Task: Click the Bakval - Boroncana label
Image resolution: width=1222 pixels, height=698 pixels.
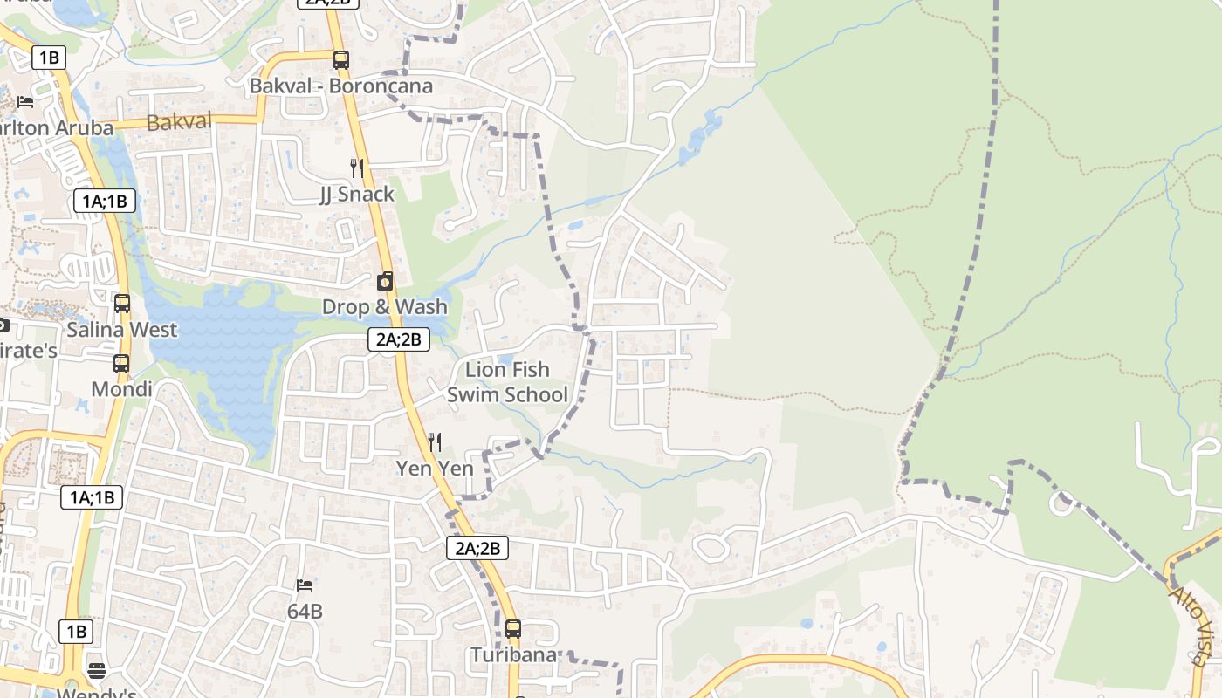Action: pos(341,86)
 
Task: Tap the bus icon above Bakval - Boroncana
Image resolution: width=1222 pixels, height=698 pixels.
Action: pos(341,60)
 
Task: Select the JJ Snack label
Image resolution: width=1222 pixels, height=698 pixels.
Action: pos(357,194)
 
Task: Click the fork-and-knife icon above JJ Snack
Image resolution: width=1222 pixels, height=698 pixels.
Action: pos(356,168)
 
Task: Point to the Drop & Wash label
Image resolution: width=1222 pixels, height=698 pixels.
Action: pos(384,307)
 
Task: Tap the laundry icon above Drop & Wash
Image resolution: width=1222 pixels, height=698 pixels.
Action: pos(384,281)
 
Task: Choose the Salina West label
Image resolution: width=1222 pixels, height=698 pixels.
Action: pos(122,330)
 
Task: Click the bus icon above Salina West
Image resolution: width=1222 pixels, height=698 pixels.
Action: pos(122,304)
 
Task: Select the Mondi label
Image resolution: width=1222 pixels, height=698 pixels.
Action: pos(121,389)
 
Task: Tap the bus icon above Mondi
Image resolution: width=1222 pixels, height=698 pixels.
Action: pos(121,363)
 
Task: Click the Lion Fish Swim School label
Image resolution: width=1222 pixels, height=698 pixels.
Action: pos(507,382)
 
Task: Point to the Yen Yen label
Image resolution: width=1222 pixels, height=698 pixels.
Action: pos(435,469)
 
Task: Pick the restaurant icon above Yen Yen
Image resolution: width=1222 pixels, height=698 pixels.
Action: pos(435,442)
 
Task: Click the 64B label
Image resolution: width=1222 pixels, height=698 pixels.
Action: pos(305,612)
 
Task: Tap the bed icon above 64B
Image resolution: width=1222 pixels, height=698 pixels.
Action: pos(305,585)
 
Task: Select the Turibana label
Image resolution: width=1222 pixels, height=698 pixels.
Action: pos(513,654)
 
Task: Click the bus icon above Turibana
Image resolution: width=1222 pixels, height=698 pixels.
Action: pos(513,628)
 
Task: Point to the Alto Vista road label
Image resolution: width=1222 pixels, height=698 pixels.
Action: pos(1193,623)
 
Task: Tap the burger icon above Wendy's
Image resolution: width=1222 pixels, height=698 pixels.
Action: pos(97,671)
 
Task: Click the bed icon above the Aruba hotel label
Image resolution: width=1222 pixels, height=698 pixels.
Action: pos(25,102)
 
